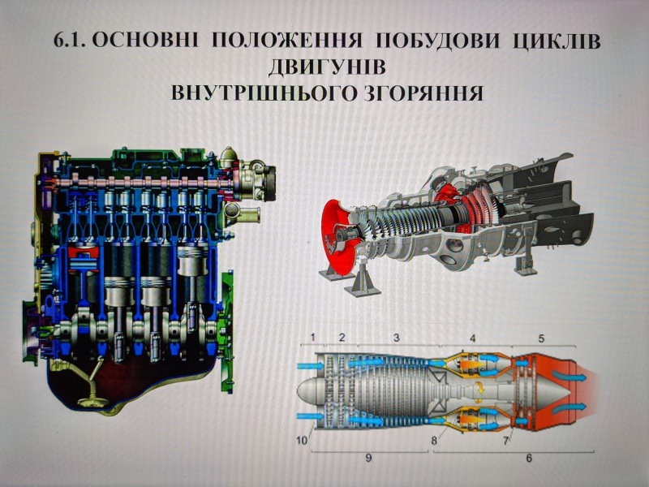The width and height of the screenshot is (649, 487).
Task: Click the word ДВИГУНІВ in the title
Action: [327, 67]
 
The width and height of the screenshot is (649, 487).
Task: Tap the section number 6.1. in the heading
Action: [70, 41]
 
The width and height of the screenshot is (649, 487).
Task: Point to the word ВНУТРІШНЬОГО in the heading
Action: [262, 93]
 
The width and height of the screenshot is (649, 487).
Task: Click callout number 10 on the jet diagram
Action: [302, 441]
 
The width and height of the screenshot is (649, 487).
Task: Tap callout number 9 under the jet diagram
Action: [369, 458]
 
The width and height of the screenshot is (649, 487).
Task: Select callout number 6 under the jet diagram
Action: [529, 458]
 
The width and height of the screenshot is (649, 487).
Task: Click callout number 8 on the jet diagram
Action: [434, 441]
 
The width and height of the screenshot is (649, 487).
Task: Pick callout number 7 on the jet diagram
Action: [506, 441]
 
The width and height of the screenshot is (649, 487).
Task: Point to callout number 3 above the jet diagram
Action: [397, 338]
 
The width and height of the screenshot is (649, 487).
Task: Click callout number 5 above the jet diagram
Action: [541, 338]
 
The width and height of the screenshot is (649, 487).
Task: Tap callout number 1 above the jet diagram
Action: [313, 337]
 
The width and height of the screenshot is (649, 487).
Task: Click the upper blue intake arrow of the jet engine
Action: [311, 365]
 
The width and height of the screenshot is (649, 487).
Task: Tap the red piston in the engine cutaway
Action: [84, 257]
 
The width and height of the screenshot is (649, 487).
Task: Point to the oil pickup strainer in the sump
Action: [92, 402]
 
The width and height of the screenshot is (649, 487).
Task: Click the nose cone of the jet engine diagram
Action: [308, 391]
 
